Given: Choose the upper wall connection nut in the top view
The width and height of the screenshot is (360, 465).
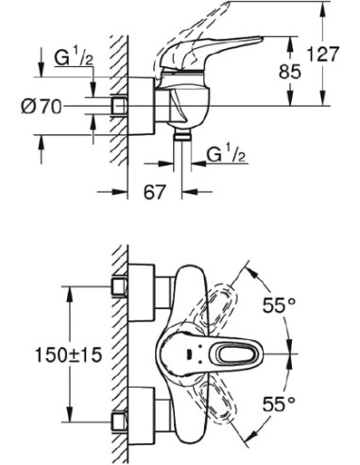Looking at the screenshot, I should coord(121,283).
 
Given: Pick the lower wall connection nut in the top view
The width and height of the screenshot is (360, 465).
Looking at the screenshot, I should coord(121,422).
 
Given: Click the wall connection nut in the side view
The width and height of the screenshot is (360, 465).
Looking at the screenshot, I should coord(121,105).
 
